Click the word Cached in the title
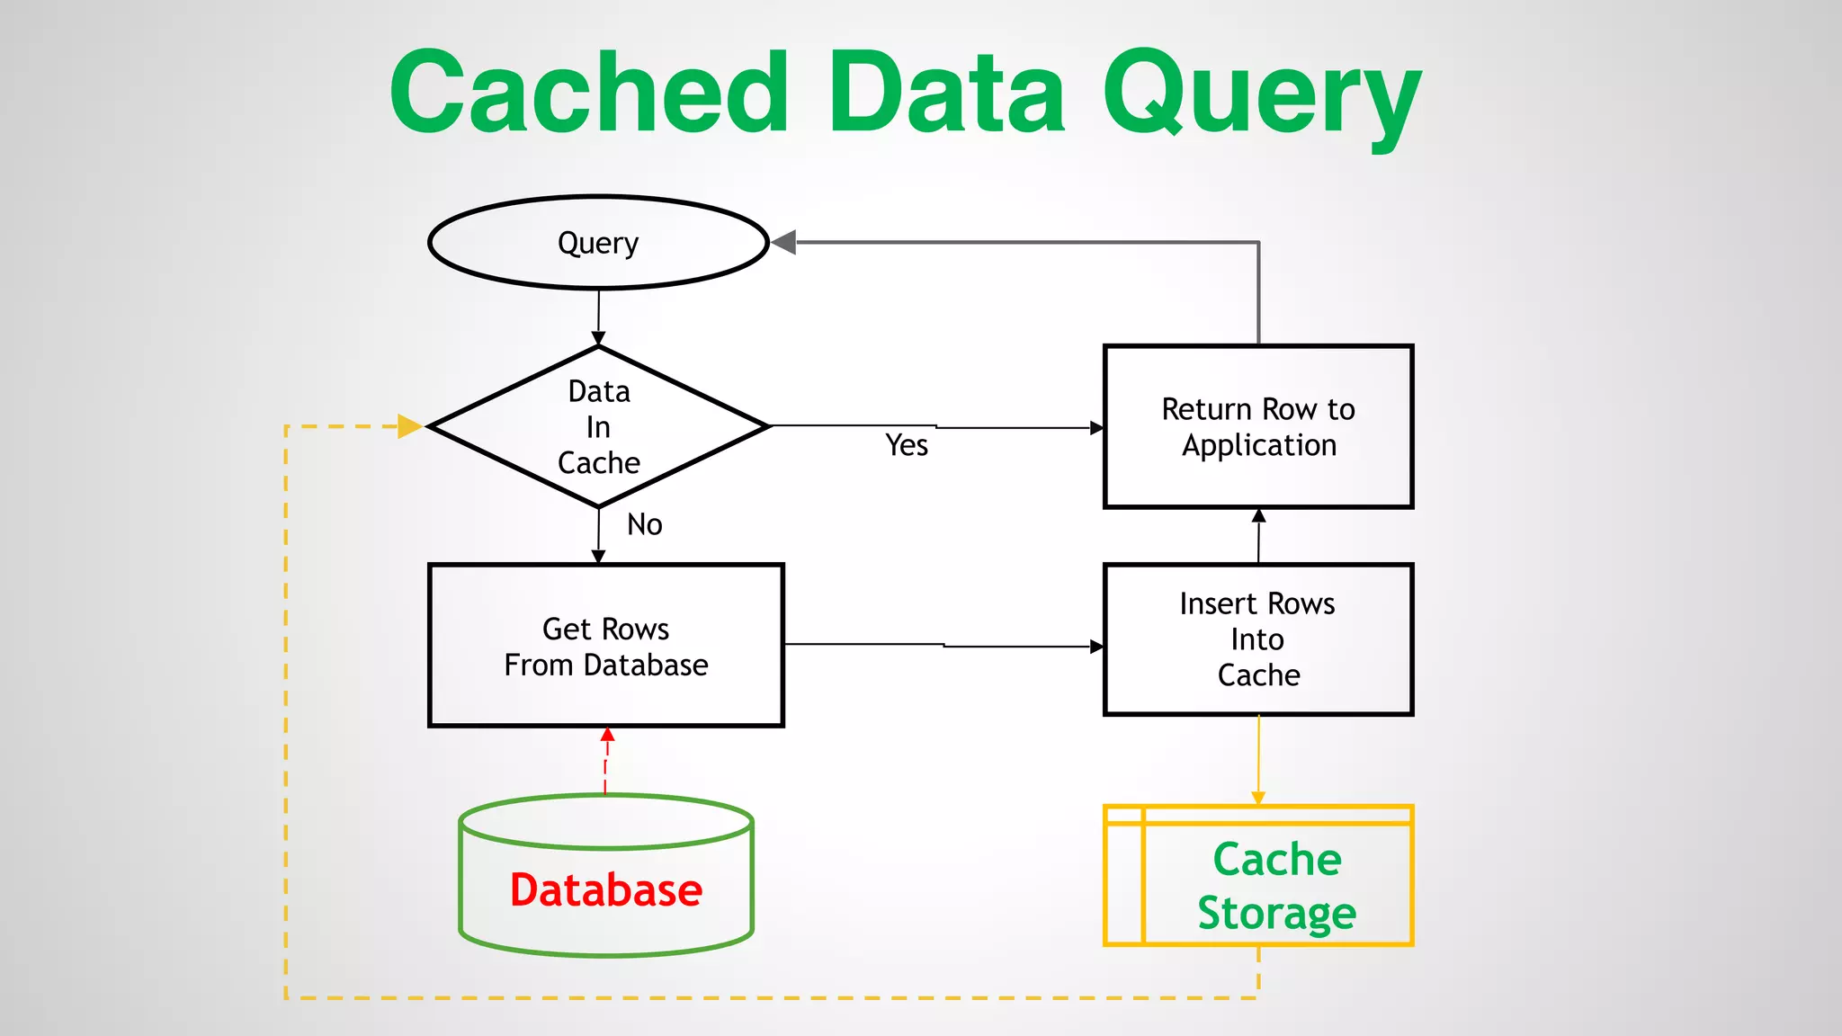(589, 93)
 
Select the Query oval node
(598, 243)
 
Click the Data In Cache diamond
(598, 427)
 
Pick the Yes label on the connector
(906, 445)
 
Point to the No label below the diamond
(644, 524)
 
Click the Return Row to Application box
(1257, 427)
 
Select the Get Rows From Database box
(605, 646)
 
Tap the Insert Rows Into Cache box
(1257, 639)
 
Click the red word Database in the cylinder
(605, 890)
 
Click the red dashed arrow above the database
(606, 760)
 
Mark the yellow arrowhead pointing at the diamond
(409, 426)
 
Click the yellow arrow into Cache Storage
(1258, 760)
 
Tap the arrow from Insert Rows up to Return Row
(1258, 535)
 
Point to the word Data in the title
(946, 93)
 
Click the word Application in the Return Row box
(1258, 445)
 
